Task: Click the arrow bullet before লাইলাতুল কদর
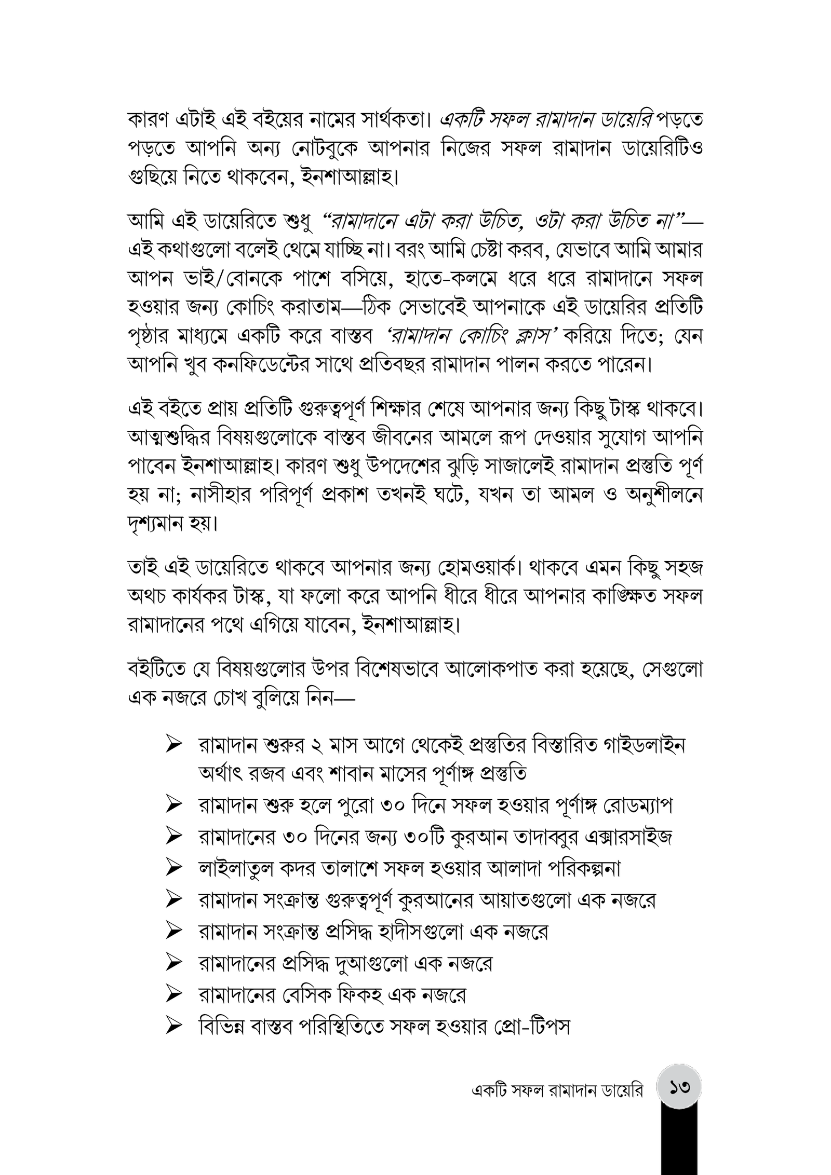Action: [x=173, y=867]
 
